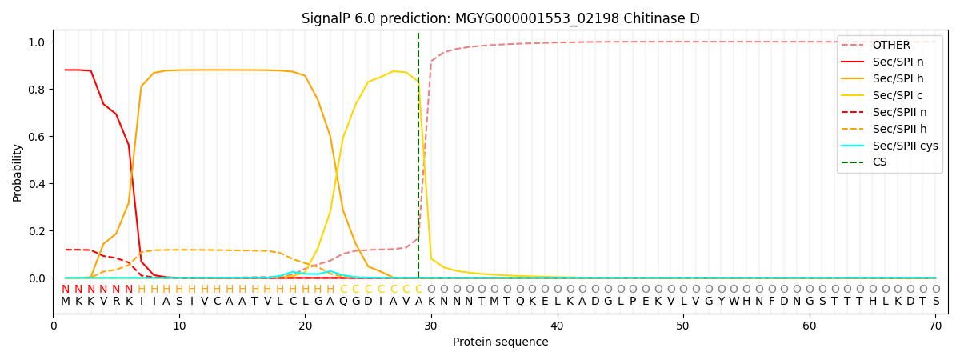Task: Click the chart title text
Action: (x=500, y=18)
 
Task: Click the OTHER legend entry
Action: (x=890, y=45)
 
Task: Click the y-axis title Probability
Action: (x=18, y=173)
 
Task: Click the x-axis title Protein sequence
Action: (x=501, y=342)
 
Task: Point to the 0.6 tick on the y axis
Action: (x=38, y=137)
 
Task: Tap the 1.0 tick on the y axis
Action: (x=38, y=42)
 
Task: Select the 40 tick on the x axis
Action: (x=558, y=326)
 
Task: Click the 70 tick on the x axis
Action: (x=935, y=326)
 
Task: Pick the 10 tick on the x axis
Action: (x=179, y=326)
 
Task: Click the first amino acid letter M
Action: (x=66, y=302)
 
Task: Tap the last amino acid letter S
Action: (x=935, y=302)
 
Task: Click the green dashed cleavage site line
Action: (x=418, y=160)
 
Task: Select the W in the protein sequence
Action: (x=734, y=302)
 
